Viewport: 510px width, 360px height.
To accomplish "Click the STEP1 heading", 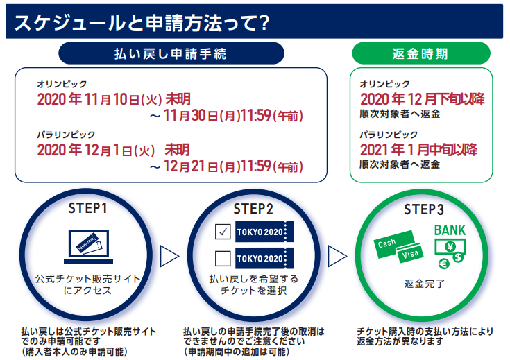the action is [87, 208].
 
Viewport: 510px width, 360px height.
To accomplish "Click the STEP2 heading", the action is [253, 209].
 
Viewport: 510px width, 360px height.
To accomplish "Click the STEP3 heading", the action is [424, 209].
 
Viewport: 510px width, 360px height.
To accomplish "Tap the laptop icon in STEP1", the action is [89, 247].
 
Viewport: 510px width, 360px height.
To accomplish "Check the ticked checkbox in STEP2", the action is [223, 232].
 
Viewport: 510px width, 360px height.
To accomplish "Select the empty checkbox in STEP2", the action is [223, 258].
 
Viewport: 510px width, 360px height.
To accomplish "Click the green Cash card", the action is [393, 244].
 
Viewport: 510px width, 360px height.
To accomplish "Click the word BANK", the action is [450, 230].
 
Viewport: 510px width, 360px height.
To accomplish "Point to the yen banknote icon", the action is [450, 247].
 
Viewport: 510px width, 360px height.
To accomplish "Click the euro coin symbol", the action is [443, 264].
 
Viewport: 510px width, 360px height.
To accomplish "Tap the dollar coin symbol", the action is [458, 257].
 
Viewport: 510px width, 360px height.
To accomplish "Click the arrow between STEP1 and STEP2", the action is [169, 256].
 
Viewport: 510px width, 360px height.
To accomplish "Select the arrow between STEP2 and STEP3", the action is [337, 256].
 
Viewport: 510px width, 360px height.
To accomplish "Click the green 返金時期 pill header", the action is [421, 53].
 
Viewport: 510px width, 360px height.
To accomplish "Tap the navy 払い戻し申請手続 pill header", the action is [171, 53].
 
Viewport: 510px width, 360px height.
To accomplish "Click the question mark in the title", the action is [265, 23].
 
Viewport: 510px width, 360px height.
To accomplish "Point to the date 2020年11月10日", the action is [89, 99].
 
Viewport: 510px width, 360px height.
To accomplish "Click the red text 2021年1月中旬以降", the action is [418, 150].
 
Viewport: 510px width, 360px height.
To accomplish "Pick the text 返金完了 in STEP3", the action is [424, 284].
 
